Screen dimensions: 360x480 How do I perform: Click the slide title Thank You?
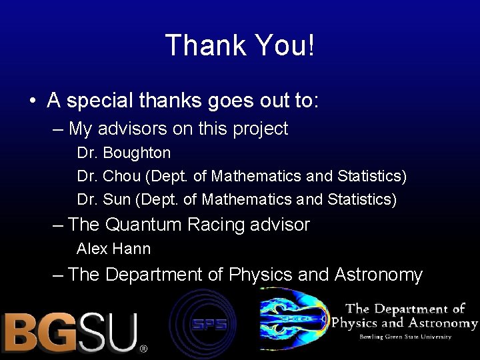click(x=239, y=46)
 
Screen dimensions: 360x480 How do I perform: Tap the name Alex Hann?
click(x=114, y=249)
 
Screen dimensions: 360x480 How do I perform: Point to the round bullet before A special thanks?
click(x=32, y=101)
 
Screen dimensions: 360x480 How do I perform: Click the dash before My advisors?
click(x=58, y=129)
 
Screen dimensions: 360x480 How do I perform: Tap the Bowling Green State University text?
click(x=406, y=337)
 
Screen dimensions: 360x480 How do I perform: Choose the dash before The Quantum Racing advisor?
click(x=58, y=225)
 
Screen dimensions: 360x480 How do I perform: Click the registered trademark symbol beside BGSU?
click(x=143, y=348)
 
